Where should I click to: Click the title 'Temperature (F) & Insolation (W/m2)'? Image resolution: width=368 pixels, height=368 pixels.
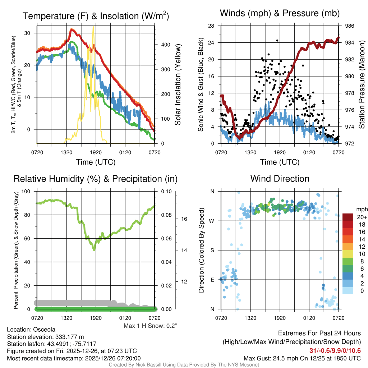(x=96, y=16)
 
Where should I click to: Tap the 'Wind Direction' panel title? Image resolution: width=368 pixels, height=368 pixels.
(x=280, y=179)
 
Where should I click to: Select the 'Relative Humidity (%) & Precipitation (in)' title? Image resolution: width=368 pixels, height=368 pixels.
(x=96, y=179)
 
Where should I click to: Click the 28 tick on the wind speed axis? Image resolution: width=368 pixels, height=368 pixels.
(x=212, y=26)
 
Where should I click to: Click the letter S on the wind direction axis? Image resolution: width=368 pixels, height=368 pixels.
(x=212, y=250)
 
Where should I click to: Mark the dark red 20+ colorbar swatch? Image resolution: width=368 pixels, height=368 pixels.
(x=348, y=217)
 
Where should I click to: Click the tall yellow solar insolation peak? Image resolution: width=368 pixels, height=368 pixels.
(x=93, y=27)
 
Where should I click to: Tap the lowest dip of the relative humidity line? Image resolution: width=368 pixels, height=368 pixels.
(x=94, y=249)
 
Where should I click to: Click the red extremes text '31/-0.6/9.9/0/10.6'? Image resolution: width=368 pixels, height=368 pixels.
(x=335, y=351)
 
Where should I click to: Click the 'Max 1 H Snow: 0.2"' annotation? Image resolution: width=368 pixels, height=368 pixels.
(x=150, y=326)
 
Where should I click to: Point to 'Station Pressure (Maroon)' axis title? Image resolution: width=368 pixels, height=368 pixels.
(x=362, y=85)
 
